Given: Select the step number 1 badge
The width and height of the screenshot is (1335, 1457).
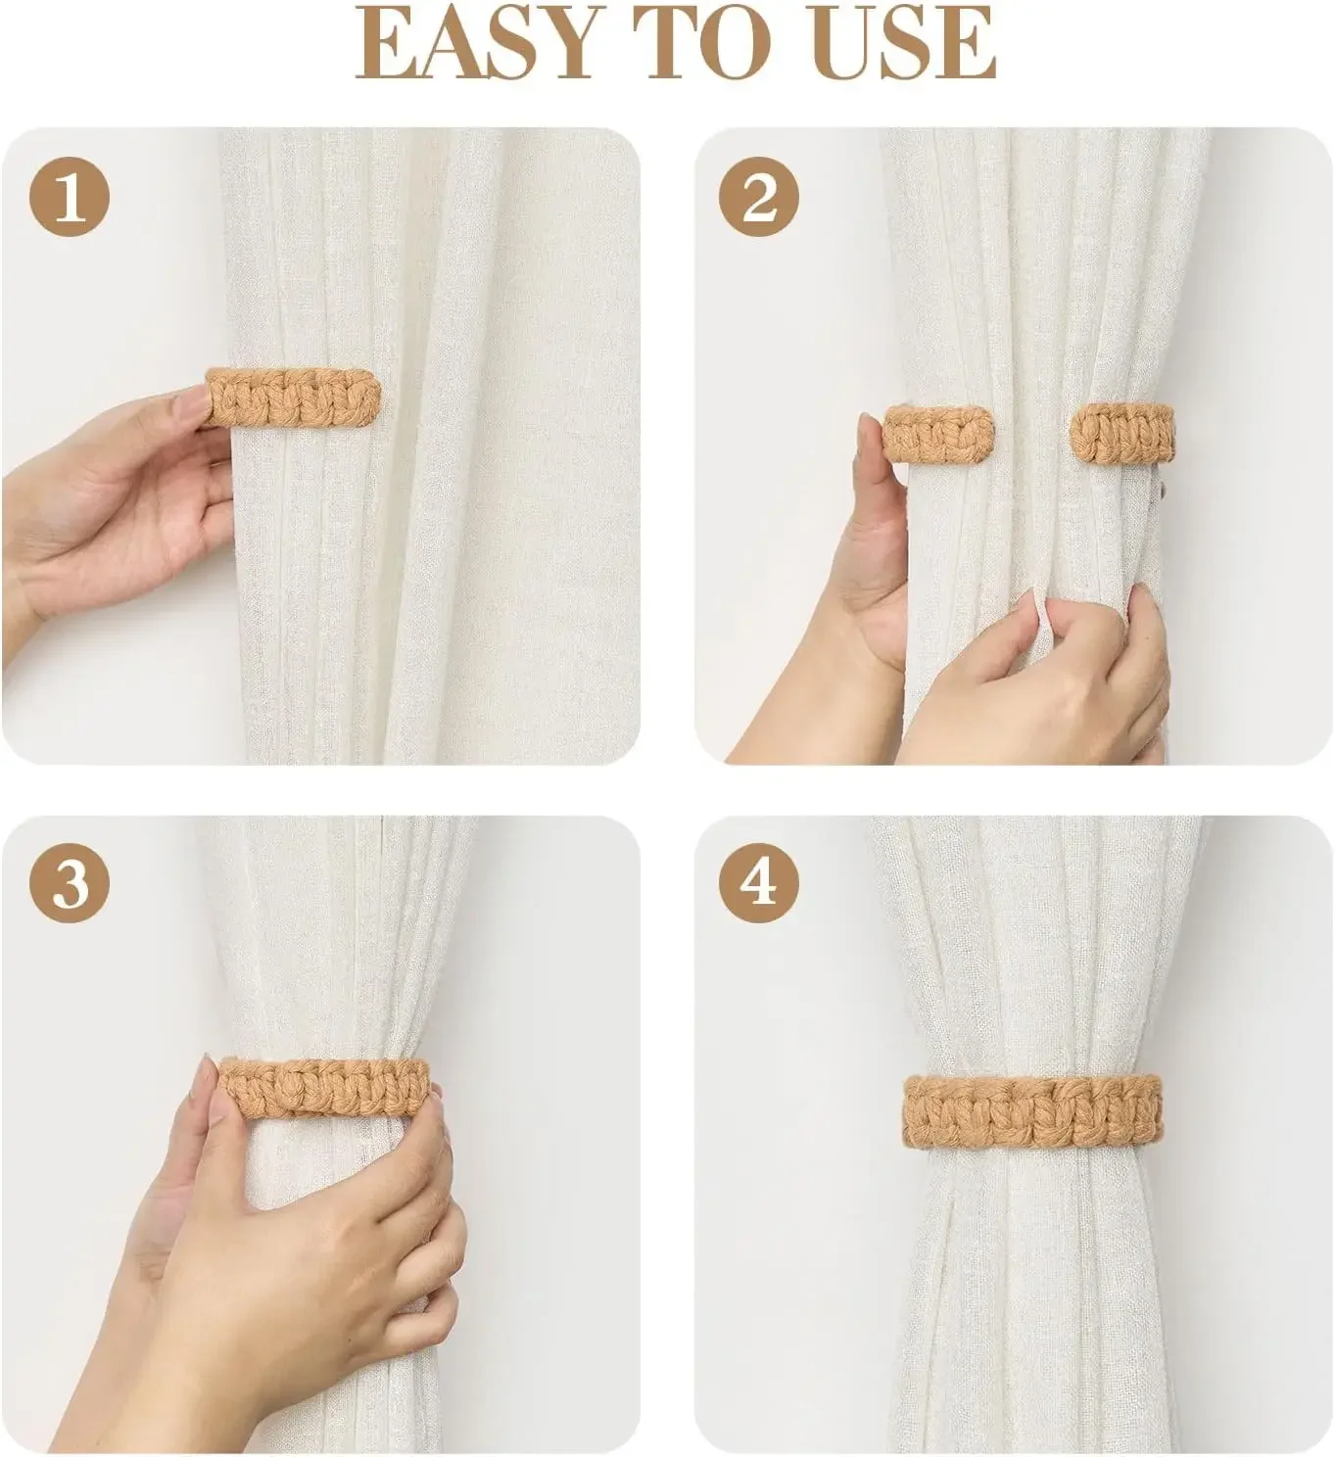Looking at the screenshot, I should pyautogui.click(x=70, y=199).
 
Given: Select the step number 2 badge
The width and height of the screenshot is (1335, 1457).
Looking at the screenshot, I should pyautogui.click(x=759, y=199).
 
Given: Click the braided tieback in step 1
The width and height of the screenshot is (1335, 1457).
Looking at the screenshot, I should pyautogui.click(x=294, y=397).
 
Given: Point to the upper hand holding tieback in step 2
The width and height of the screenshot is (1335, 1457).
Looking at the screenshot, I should pyautogui.click(x=872, y=548).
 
